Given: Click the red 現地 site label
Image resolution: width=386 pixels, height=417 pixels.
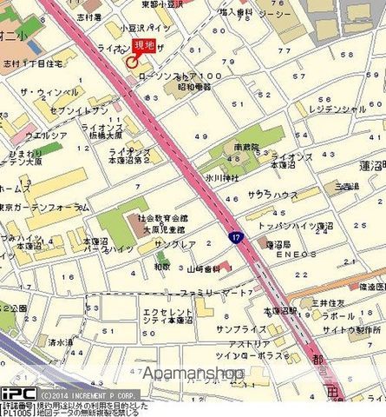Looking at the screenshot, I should tap(143, 48).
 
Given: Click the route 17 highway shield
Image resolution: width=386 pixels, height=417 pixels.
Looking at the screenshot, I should tap(235, 236).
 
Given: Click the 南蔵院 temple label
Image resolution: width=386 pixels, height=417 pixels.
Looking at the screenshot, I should tap(247, 148).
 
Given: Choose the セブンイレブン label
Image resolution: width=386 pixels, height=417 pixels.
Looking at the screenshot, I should tap(80, 110).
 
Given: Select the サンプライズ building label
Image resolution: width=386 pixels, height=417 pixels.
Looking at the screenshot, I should tap(239, 330).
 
